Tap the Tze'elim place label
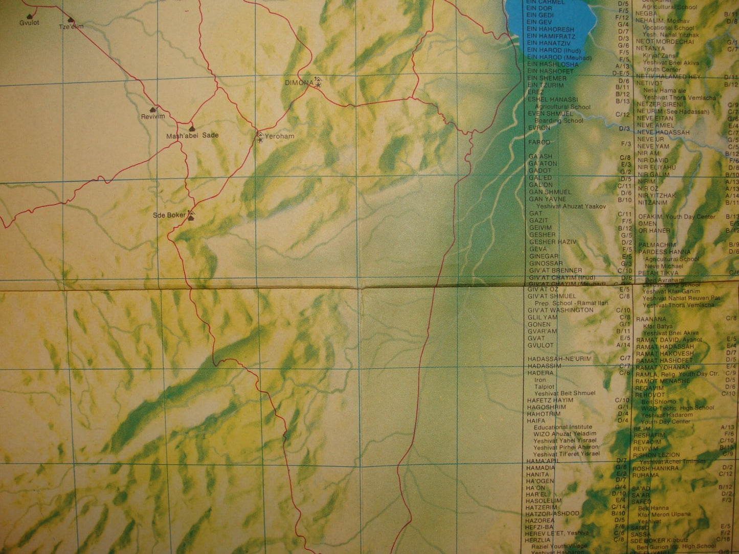point(71,26)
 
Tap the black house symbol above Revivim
point(152,110)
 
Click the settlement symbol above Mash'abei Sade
point(192,129)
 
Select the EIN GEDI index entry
point(540,15)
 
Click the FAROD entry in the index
point(540,142)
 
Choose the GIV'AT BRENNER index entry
point(555,270)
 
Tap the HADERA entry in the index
point(540,373)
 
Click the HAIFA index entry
point(536,421)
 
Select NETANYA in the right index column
point(650,48)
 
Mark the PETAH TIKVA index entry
point(659,273)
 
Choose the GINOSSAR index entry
point(546,263)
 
